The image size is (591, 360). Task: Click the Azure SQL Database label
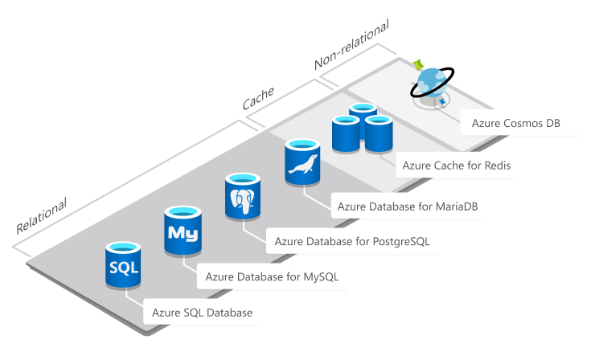[x=202, y=313]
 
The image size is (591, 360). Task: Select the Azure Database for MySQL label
[x=272, y=277]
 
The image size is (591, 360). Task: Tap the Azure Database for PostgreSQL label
[x=351, y=241]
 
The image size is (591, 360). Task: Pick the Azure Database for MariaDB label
[x=410, y=206]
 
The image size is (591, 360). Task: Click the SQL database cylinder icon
[x=123, y=264]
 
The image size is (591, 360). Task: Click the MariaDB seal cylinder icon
[x=302, y=162]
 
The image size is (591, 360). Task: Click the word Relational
[x=41, y=215]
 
